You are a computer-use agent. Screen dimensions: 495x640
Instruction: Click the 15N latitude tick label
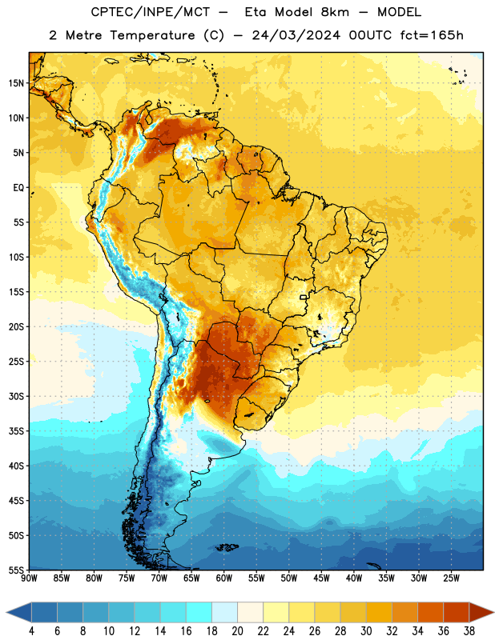point(16,83)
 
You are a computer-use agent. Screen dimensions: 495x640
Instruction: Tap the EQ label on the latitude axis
point(18,188)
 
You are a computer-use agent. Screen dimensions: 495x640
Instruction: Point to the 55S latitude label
point(16,570)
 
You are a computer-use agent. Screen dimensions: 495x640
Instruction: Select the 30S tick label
point(16,396)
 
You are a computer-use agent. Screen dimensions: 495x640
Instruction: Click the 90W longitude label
point(29,578)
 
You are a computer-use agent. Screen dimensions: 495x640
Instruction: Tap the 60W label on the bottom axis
point(224,578)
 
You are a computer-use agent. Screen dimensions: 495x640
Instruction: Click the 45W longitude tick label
point(321,578)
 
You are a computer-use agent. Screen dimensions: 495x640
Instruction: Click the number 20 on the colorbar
point(237,631)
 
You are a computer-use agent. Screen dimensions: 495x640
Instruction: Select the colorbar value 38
point(469,631)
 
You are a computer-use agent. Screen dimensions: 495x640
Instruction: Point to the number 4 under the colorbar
point(31,631)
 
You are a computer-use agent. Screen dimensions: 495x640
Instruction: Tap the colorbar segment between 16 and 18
point(199,612)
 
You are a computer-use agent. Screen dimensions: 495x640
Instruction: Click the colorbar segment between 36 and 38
point(457,612)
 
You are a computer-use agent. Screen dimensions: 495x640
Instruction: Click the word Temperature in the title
point(152,35)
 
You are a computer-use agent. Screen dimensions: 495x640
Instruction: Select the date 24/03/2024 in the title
point(296,35)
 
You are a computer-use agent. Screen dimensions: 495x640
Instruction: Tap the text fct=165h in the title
point(431,35)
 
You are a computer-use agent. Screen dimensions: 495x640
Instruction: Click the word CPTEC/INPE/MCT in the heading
point(151,12)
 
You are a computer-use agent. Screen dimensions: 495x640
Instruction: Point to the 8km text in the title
point(335,12)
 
